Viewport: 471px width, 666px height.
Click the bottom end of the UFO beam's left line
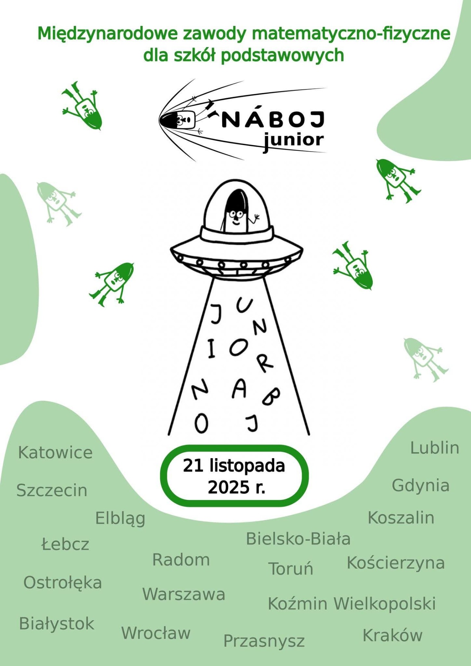[x=169, y=435]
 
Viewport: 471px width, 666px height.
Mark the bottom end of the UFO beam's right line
[x=309, y=434]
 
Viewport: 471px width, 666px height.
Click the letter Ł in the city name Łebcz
[x=47, y=544]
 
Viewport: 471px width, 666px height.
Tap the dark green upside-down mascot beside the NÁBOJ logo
[x=82, y=105]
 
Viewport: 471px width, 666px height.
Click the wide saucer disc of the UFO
[x=237, y=257]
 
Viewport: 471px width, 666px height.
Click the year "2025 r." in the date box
[x=237, y=487]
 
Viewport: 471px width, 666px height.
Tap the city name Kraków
[x=393, y=635]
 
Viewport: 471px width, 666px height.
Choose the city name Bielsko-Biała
[x=298, y=538]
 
